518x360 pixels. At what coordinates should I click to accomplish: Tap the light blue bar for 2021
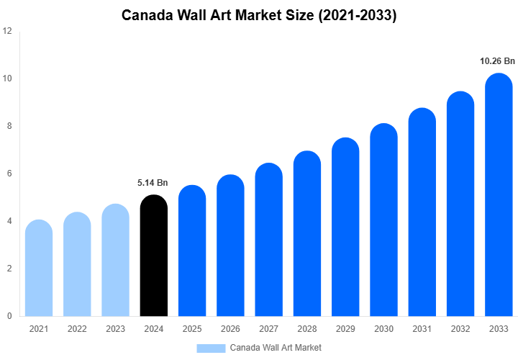pos(38,268)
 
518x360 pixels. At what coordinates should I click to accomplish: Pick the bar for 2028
pos(307,234)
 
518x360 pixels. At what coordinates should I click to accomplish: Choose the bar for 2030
pos(383,220)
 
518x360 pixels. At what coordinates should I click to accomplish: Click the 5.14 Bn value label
pos(153,183)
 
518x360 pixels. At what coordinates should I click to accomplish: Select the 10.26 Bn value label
pos(498,61)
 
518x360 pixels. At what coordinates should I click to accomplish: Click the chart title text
pos(259,15)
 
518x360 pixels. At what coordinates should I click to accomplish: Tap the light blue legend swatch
pos(211,348)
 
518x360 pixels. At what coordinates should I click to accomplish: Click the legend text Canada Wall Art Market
pos(276,348)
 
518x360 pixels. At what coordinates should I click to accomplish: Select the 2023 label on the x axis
pos(115,329)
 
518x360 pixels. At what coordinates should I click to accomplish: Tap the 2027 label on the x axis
pos(268,329)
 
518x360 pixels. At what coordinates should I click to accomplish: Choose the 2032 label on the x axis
pos(460,329)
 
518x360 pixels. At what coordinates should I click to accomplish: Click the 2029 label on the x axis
pos(345,329)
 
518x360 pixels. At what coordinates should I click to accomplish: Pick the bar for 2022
pos(77,264)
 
